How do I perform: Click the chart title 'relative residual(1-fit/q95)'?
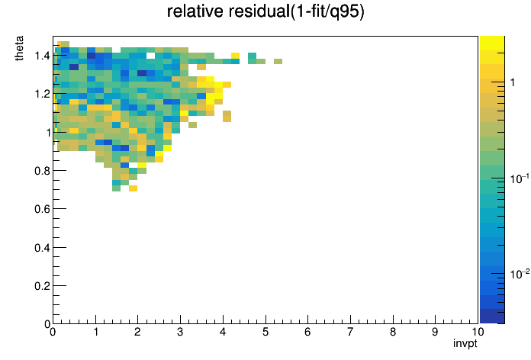pos(265,11)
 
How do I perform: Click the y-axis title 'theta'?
pos(19,48)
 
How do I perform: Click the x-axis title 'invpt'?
pos(465,344)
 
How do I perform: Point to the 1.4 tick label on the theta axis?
pos(42,55)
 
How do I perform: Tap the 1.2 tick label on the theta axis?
pos(42,94)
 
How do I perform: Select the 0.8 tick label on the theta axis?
pos(42,171)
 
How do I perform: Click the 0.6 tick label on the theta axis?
pos(42,209)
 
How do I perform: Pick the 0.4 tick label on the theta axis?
pos(42,248)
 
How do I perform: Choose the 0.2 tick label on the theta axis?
pos(42,286)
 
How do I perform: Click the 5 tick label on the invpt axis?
pos(265,332)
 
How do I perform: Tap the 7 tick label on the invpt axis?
pos(350,332)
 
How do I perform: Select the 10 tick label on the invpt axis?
pos(477,332)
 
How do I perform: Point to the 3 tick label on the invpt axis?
pos(180,332)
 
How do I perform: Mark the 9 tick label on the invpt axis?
pos(435,332)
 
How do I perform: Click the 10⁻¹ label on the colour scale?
pos(520,178)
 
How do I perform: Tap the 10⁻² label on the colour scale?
pos(520,274)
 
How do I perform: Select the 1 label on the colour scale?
pos(513,82)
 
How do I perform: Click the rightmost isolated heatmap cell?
pos(278,61)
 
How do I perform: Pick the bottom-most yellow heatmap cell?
pos(133,188)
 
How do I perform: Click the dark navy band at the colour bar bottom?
pos(492,317)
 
